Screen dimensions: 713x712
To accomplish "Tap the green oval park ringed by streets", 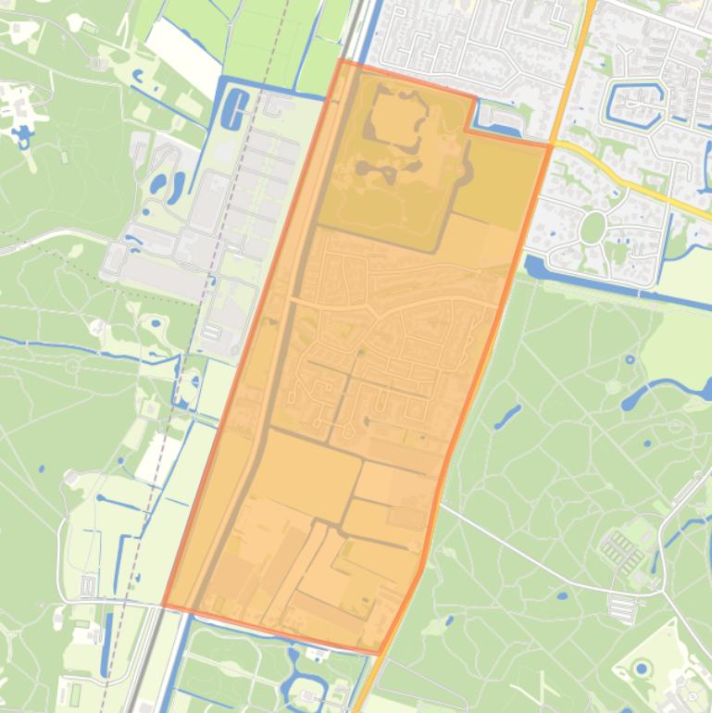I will (593, 227).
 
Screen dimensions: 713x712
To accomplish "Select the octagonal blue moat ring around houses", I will (636, 104).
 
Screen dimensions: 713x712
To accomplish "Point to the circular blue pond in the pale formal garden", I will (642, 669).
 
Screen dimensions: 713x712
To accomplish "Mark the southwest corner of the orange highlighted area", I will (165, 606).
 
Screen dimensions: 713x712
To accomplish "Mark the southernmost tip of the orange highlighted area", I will (378, 653).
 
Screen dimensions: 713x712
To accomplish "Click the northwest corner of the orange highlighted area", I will (341, 61).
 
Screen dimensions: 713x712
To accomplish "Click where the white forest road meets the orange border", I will (439, 504).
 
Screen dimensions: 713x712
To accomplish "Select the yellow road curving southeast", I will (639, 184).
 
